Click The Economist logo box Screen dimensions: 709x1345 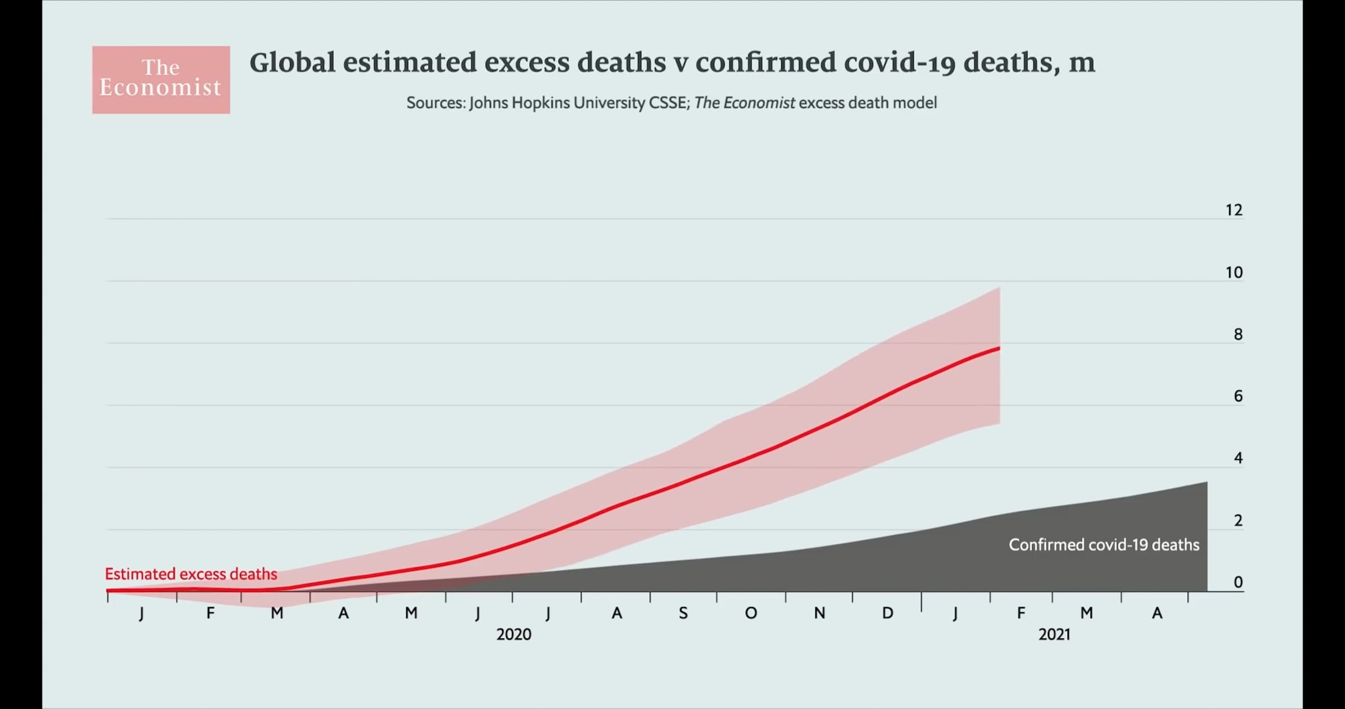click(x=161, y=80)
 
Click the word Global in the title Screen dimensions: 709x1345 click(x=292, y=62)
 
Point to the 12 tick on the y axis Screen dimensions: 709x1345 click(x=1234, y=210)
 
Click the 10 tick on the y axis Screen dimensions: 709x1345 click(x=1234, y=273)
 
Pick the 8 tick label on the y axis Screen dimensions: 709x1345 click(x=1238, y=334)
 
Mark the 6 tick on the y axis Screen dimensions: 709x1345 click(x=1238, y=397)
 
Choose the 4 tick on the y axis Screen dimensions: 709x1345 click(x=1238, y=458)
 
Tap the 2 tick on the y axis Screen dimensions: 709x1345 click(x=1238, y=521)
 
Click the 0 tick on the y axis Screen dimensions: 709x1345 click(x=1238, y=582)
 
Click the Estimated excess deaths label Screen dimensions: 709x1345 click(x=191, y=574)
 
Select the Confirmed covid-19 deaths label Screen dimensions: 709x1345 click(x=1104, y=545)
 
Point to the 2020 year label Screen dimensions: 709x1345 click(x=513, y=635)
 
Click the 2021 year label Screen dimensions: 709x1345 click(x=1054, y=635)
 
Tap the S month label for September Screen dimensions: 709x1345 click(x=683, y=613)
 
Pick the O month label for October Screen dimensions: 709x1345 click(x=751, y=613)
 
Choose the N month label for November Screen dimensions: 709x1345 click(x=819, y=613)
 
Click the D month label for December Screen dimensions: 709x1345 click(x=888, y=613)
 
